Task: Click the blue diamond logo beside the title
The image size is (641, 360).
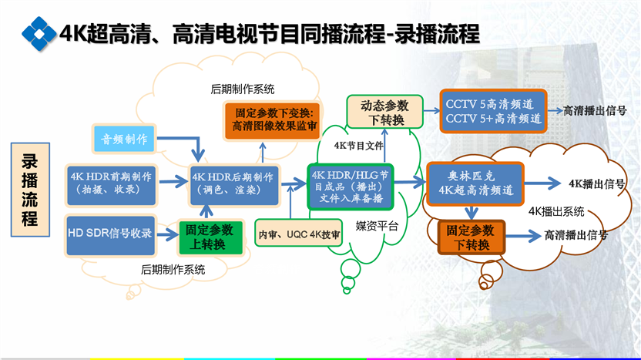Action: point(39,34)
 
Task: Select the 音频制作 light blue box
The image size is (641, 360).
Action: point(124,139)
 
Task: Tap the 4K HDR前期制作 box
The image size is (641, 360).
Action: point(111,185)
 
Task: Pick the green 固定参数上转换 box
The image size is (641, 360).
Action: point(210,237)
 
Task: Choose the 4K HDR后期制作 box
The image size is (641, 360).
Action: point(234,185)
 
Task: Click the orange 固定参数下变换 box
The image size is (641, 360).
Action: point(273,120)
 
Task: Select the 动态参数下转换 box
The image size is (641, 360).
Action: point(384,112)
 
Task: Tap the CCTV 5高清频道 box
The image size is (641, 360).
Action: point(493,111)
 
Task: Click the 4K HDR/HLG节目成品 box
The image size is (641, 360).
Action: point(351,187)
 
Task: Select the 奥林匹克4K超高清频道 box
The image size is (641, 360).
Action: point(475,183)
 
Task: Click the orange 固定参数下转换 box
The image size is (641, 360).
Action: point(472,237)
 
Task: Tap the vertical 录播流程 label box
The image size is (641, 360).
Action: point(30,190)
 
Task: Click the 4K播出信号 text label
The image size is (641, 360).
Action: point(596,183)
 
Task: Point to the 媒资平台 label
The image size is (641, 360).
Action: point(377,225)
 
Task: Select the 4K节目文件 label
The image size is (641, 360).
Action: point(358,146)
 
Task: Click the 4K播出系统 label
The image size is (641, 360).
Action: point(556,211)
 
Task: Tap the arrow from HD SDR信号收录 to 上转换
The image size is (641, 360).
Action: point(168,235)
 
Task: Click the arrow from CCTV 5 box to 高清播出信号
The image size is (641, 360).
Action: point(555,110)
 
